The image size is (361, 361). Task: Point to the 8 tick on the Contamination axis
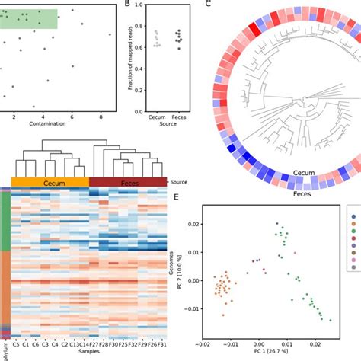[101, 116]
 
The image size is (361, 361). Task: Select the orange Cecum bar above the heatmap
[50, 181]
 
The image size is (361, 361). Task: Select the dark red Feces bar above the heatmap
[128, 181]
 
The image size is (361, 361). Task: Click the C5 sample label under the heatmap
[16, 343]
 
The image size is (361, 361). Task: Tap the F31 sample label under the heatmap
[161, 343]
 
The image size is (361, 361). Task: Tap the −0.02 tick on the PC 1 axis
[204, 343]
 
